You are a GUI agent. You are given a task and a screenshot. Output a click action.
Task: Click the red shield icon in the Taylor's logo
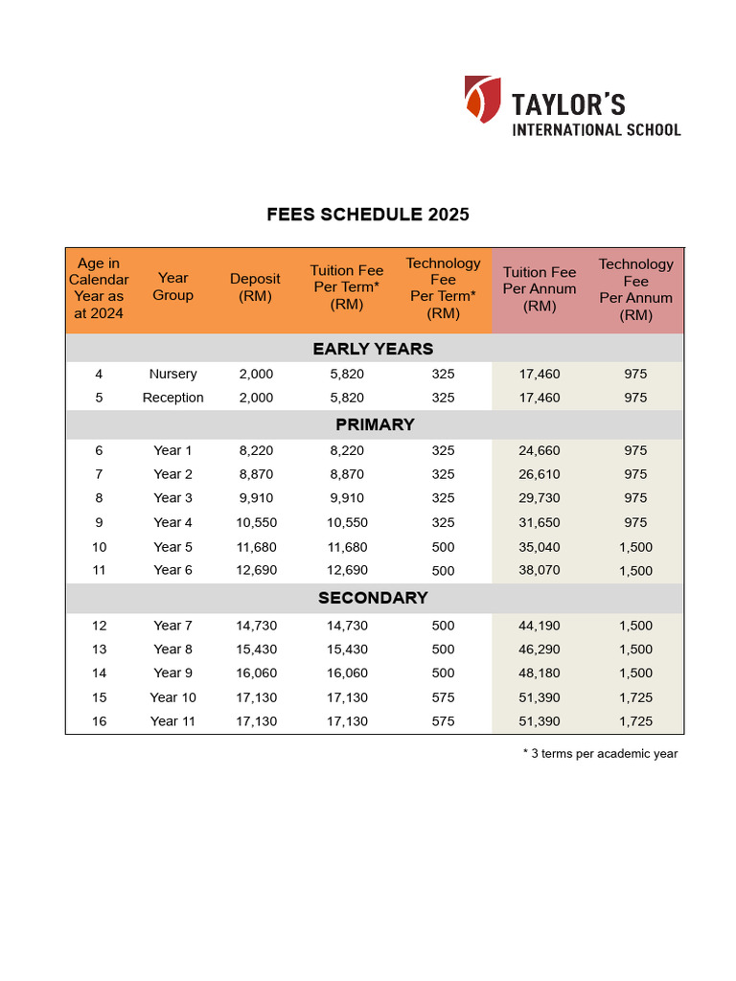tap(482, 100)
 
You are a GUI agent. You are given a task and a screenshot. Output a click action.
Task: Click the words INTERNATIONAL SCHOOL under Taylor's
tap(596, 129)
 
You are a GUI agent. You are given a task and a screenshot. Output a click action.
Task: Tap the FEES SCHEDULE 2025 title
tap(368, 215)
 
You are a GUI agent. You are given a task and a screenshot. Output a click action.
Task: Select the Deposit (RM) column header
tap(255, 287)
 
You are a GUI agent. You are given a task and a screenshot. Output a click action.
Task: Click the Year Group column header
tap(172, 286)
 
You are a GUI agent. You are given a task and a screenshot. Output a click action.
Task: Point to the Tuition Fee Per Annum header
tap(540, 289)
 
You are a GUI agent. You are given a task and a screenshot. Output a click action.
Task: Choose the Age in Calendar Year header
tap(99, 288)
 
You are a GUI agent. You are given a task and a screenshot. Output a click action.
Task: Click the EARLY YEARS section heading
tap(373, 349)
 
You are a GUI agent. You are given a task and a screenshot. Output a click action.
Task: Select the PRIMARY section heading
tap(375, 424)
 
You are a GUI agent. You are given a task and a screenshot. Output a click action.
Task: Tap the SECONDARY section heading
tap(373, 598)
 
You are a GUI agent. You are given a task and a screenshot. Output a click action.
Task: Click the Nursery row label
tap(172, 374)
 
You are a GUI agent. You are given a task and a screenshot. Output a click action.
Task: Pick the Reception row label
tap(172, 398)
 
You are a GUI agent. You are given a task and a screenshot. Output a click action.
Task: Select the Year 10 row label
tap(172, 697)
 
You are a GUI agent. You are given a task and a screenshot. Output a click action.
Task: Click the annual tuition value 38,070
tap(540, 570)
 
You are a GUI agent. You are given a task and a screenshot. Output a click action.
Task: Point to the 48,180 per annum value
tap(540, 673)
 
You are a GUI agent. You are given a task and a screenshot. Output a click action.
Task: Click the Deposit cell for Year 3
tap(256, 498)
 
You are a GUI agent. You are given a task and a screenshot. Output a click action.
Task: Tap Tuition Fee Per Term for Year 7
tap(347, 626)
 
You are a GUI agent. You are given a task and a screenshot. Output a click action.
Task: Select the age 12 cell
tap(99, 626)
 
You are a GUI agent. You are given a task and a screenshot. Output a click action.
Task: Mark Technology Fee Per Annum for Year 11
tap(635, 721)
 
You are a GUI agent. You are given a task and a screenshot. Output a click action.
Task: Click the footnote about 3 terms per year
tap(600, 754)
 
